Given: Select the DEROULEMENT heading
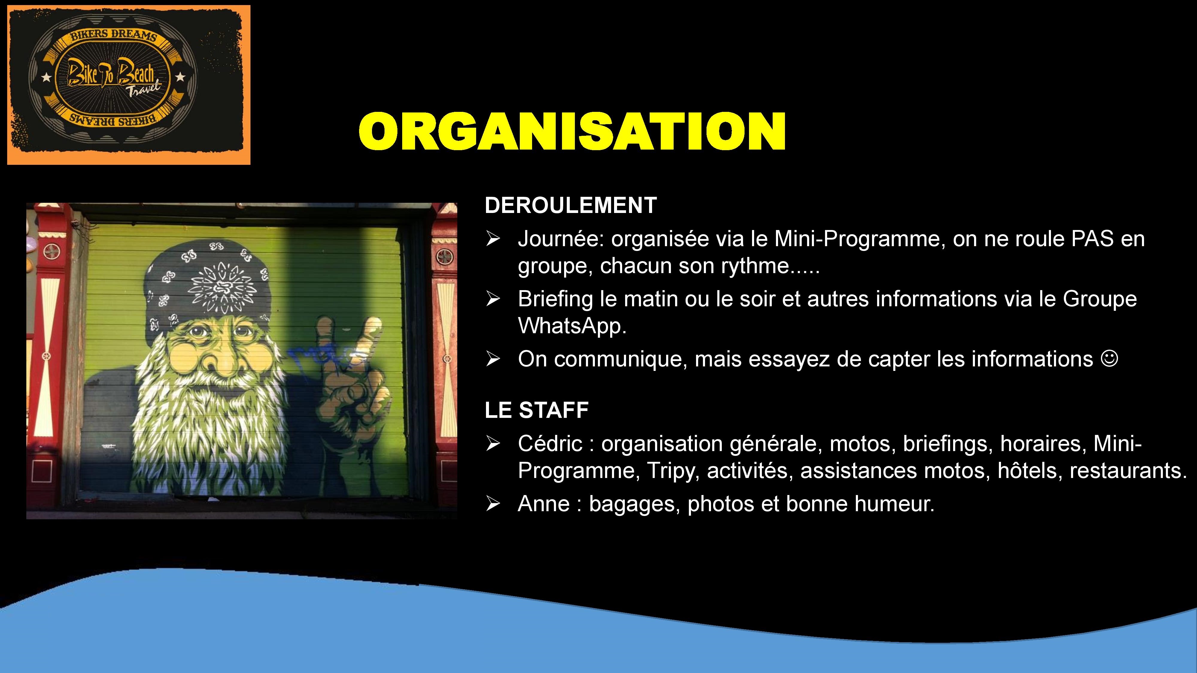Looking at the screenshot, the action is click(x=571, y=205).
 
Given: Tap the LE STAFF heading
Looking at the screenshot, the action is click(x=537, y=410).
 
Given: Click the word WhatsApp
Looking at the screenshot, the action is click(x=572, y=326).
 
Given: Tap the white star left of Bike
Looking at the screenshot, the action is click(x=46, y=77).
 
